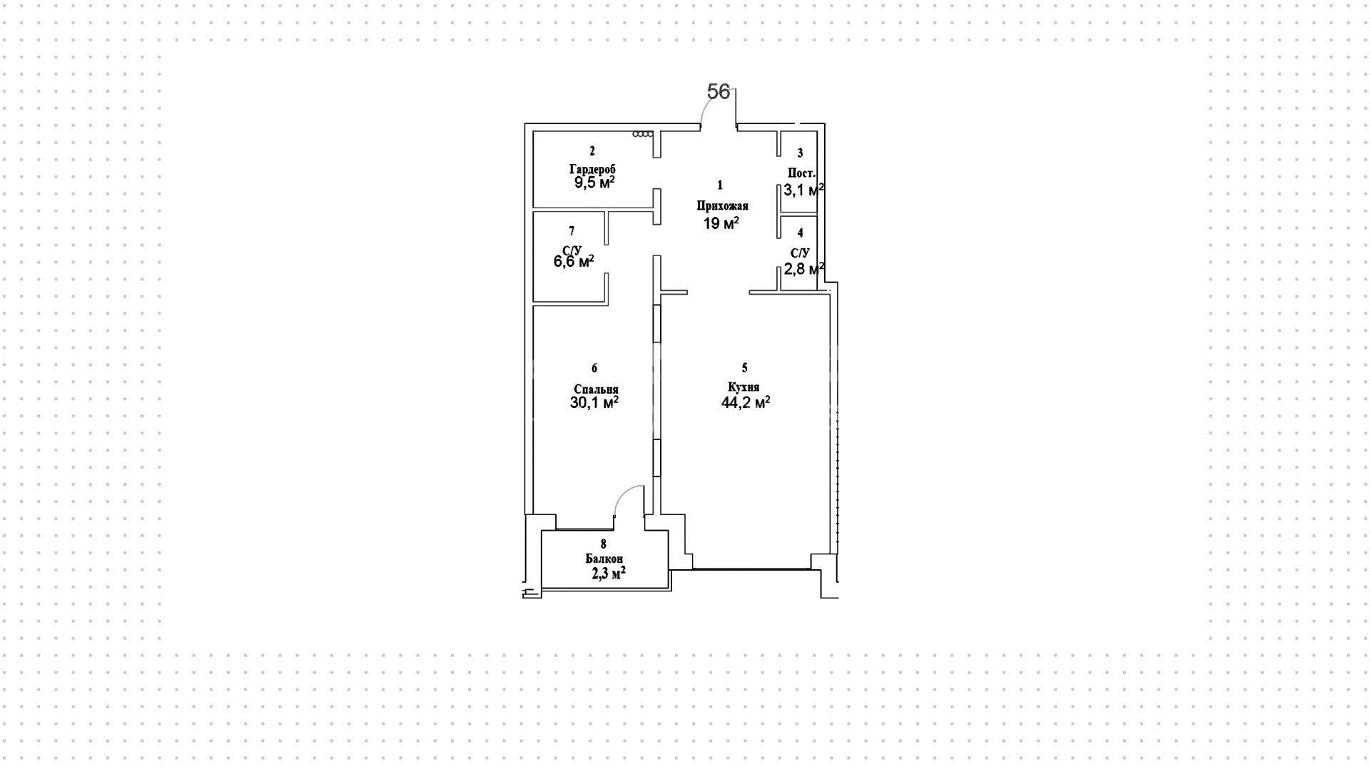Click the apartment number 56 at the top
click(719, 91)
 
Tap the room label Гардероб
click(592, 170)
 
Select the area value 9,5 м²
click(595, 182)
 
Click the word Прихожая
click(722, 206)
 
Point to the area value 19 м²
click(721, 223)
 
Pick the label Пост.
click(801, 173)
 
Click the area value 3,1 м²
click(804, 190)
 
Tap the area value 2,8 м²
click(804, 268)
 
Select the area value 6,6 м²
click(574, 261)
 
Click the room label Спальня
click(596, 389)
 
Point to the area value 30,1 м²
click(594, 402)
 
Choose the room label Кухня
click(744, 387)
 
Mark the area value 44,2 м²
click(746, 402)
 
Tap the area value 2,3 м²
click(609, 572)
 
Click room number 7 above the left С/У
click(572, 231)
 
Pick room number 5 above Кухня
click(745, 368)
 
